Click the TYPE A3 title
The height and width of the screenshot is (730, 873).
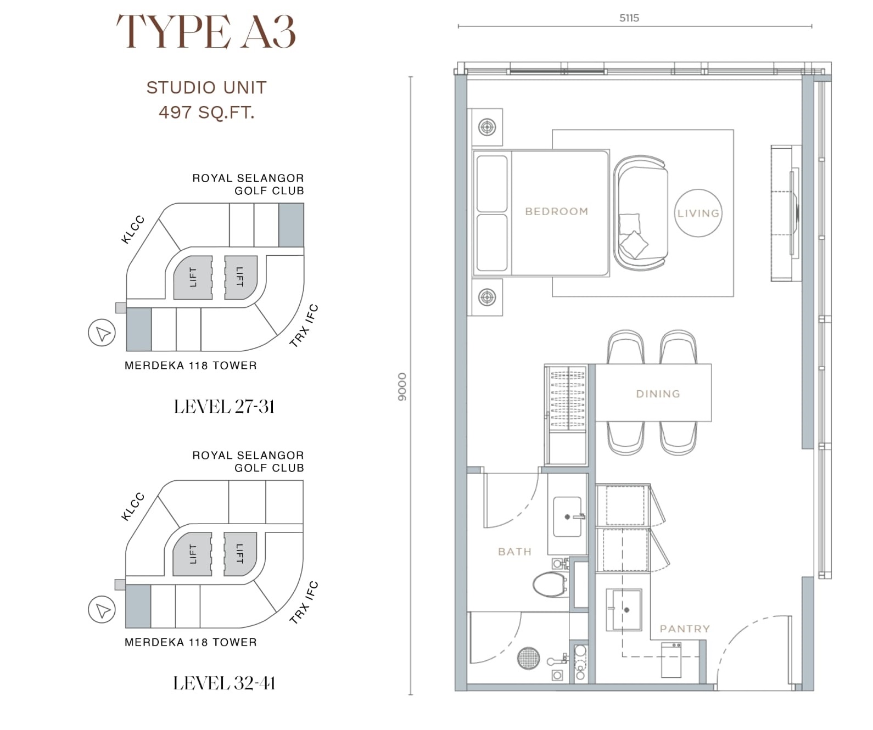[x=206, y=32]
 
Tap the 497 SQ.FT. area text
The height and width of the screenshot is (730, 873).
[x=206, y=112]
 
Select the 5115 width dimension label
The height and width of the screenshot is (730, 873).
[x=629, y=18]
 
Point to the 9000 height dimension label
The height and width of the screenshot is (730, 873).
[x=402, y=387]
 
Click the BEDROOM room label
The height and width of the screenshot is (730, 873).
[x=557, y=211]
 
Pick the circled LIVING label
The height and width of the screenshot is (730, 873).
[x=698, y=213]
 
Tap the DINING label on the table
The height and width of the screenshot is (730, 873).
[x=658, y=394]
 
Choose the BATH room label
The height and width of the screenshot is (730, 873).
[x=514, y=552]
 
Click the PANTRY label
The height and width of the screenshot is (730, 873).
[x=685, y=629]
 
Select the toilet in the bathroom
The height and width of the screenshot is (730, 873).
[x=550, y=584]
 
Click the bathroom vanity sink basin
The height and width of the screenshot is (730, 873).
[x=567, y=517]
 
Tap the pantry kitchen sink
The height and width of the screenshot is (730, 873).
[x=624, y=610]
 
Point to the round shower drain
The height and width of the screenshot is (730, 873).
[x=529, y=658]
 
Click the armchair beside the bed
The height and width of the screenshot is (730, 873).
[x=640, y=213]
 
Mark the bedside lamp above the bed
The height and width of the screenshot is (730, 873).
[x=487, y=127]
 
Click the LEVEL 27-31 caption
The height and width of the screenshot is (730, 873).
[x=224, y=406]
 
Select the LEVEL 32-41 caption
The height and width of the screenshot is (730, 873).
[x=224, y=683]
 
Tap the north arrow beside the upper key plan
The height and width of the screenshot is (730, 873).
[x=102, y=333]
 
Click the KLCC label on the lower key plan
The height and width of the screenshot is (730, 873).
[x=132, y=507]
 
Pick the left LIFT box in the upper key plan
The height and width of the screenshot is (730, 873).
[x=193, y=277]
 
